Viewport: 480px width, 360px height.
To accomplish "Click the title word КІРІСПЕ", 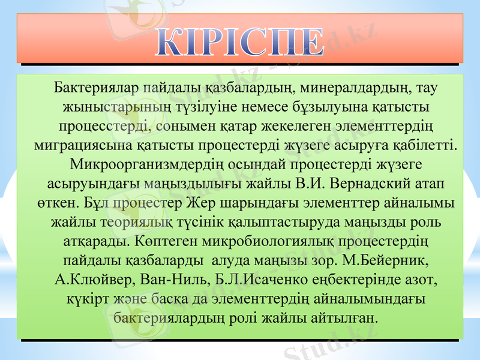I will click(x=241, y=40).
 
